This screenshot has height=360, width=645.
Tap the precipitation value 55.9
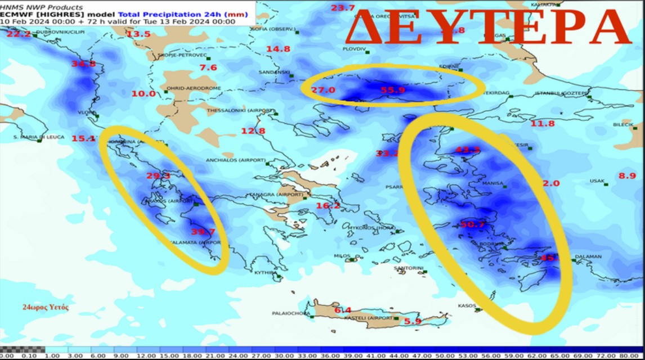(x=393, y=90)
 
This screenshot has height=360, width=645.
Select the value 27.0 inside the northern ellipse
(x=323, y=90)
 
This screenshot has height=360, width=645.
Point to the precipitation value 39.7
(x=203, y=232)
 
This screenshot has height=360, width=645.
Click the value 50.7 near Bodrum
(x=472, y=224)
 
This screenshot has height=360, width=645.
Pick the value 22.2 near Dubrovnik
(x=19, y=34)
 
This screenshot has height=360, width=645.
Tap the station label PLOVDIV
(x=354, y=49)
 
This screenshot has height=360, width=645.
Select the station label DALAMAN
(x=588, y=257)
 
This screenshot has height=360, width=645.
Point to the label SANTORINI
(x=407, y=268)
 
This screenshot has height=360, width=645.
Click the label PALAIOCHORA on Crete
(x=290, y=313)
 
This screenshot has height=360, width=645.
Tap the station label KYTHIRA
(x=266, y=272)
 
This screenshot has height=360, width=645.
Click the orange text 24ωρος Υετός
(x=46, y=307)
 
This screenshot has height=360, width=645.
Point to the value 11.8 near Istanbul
(x=543, y=123)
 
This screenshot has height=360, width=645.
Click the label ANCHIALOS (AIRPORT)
(x=235, y=160)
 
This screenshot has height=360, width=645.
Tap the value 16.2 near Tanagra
(x=328, y=206)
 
